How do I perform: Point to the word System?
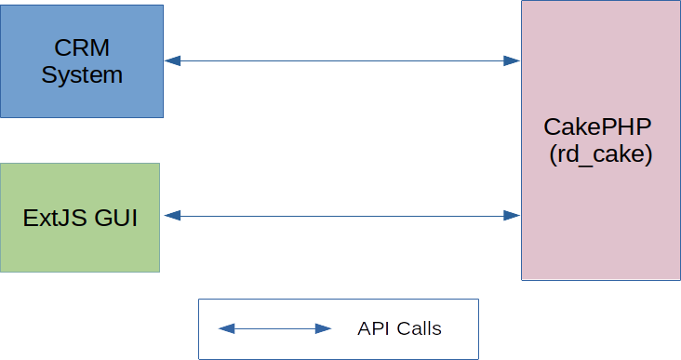pos(82,75)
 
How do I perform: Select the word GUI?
pos(114,219)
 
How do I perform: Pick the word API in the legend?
pos(372,329)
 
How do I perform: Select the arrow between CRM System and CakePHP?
pos(342,61)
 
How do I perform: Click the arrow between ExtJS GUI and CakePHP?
pos(342,216)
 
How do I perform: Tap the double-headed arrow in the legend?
pos(275,328)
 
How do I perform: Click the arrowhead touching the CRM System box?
pos(172,61)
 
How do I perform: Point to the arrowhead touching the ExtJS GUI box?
pos(170,216)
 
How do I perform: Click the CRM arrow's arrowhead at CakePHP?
pos(512,61)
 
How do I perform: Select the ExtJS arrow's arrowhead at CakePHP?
pos(512,216)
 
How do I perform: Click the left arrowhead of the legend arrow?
pos(226,328)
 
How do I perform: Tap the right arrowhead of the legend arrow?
pos(324,328)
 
